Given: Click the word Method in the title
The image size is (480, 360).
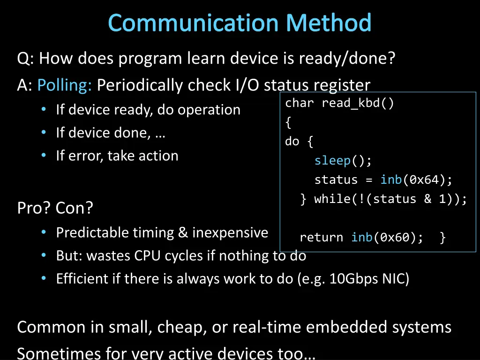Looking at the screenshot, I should (329, 23).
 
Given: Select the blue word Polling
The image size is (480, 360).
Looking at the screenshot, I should (65, 85).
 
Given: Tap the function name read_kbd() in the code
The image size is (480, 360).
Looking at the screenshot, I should (358, 104).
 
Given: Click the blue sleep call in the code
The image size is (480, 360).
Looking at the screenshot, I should (332, 161).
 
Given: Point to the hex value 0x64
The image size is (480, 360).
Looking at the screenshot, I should (427, 180).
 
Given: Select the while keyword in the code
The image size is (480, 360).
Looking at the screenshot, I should (332, 199).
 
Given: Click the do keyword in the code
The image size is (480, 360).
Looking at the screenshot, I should (292, 142).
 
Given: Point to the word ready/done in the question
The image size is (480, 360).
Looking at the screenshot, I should (347, 59).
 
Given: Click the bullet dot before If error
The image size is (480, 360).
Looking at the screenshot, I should (44, 156).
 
